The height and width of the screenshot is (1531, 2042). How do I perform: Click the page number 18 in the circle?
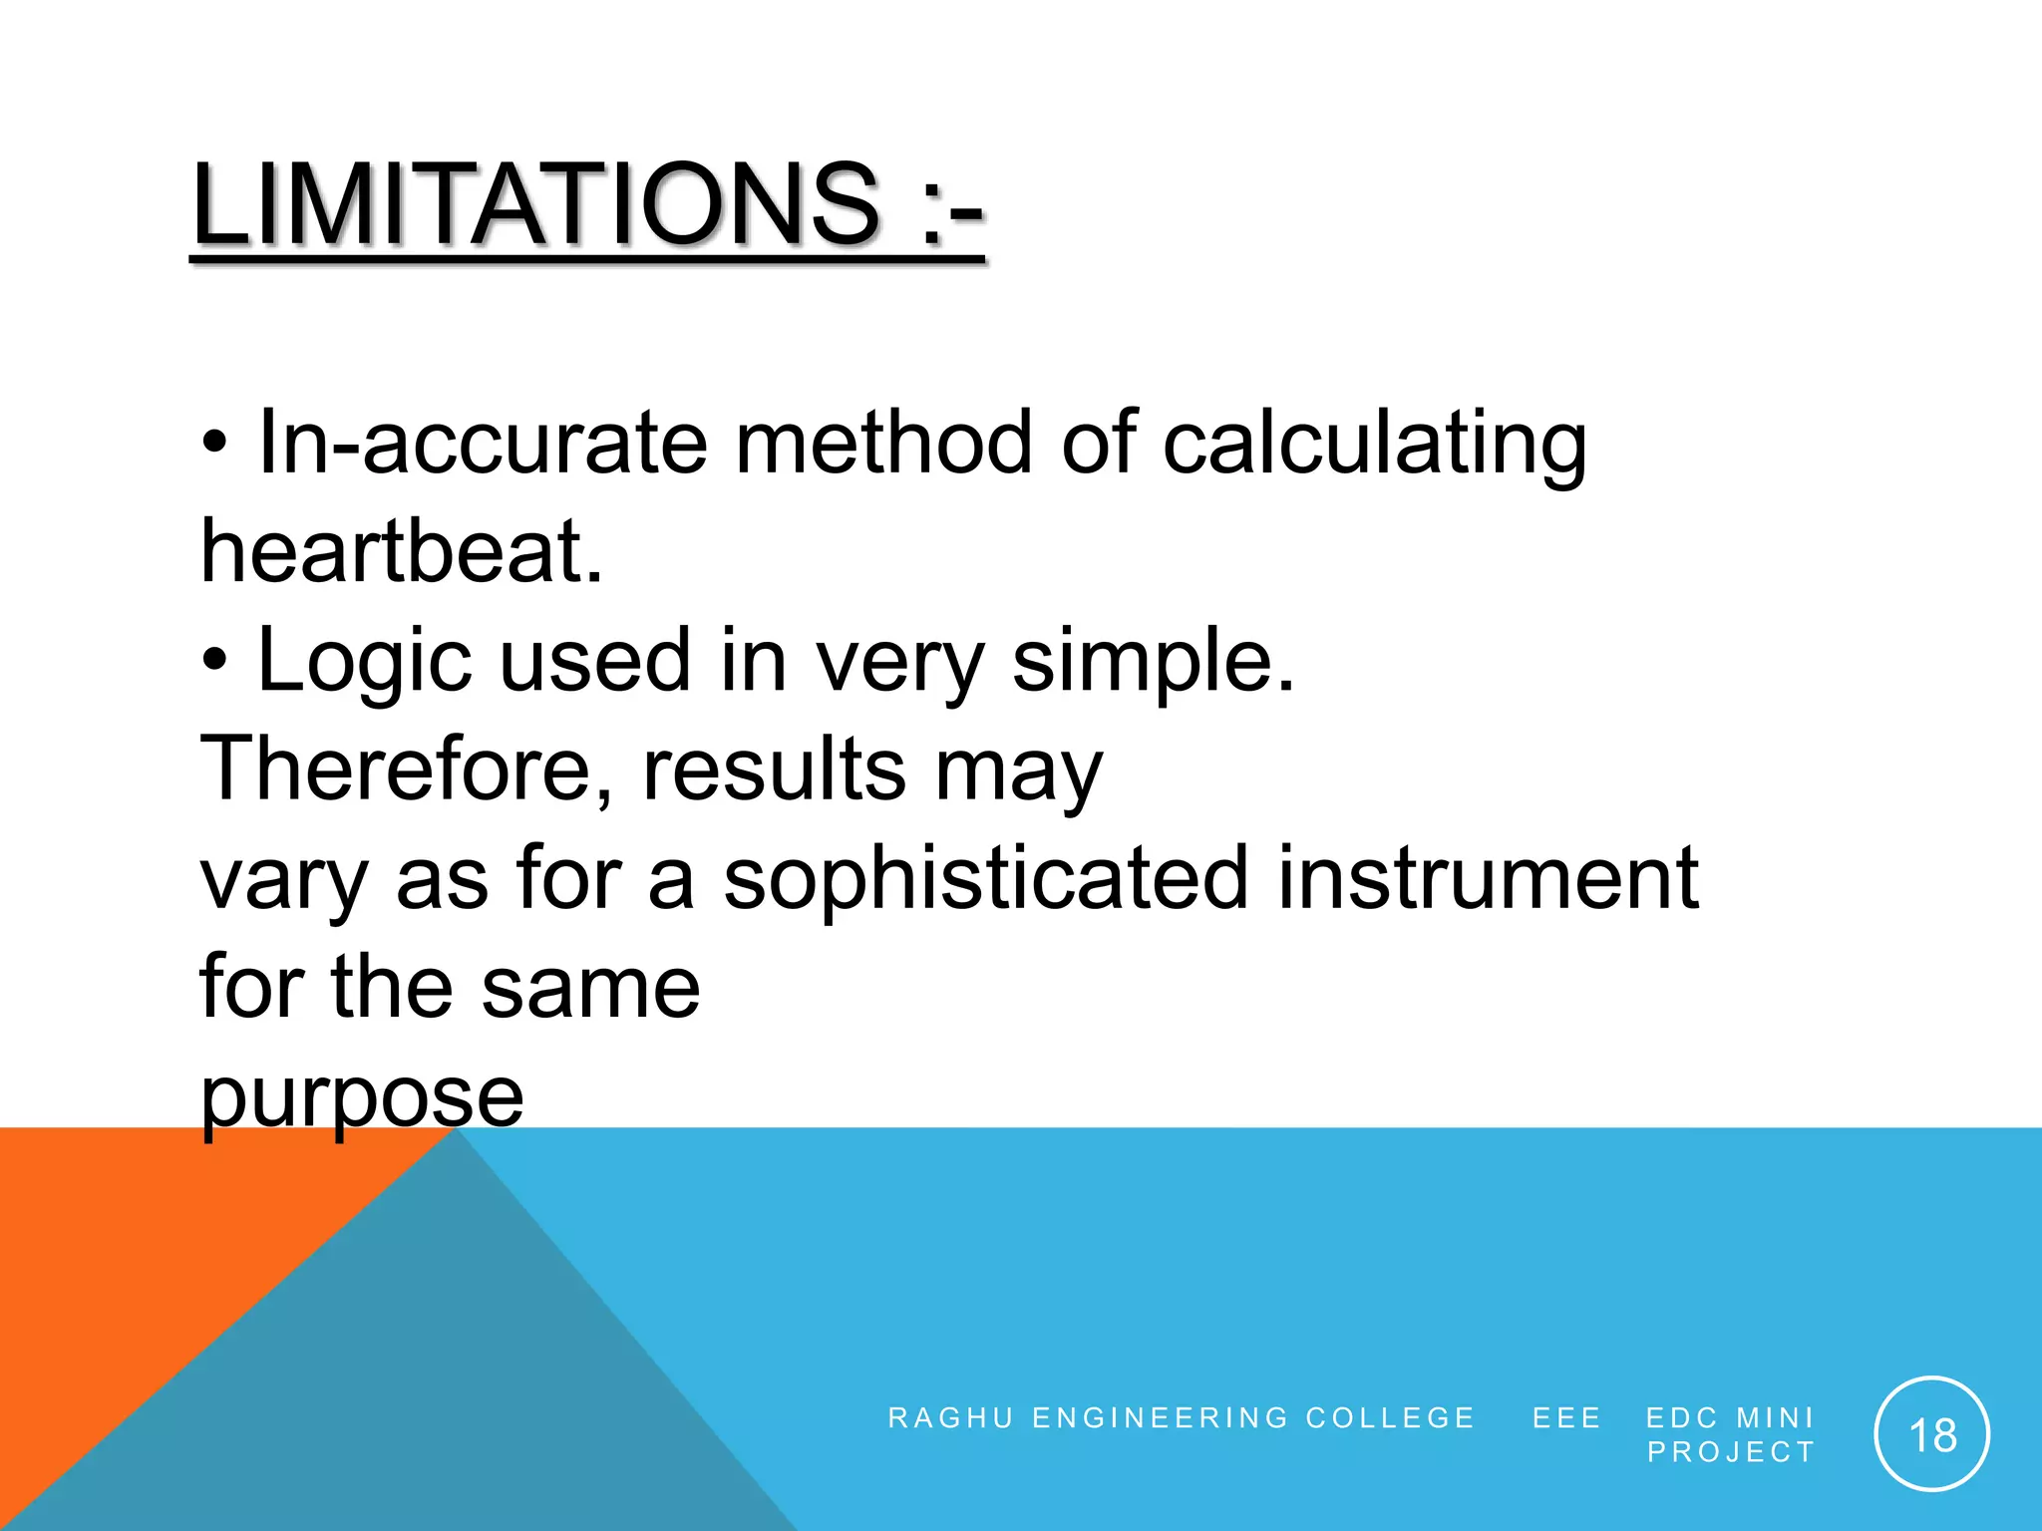(1931, 1436)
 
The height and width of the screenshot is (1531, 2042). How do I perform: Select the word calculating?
(1374, 444)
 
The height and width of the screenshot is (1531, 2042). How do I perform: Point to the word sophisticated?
(985, 878)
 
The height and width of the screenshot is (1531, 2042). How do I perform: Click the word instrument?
(1488, 878)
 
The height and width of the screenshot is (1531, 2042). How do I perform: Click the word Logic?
(364, 662)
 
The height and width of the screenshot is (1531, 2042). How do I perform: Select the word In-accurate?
(483, 444)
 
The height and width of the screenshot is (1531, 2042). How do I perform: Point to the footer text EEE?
(1566, 1417)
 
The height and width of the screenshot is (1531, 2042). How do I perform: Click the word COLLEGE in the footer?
(1390, 1417)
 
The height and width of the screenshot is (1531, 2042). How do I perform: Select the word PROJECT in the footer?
(1730, 1452)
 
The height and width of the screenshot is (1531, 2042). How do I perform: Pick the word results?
(774, 768)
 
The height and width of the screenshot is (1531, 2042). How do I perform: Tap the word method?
(883, 444)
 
